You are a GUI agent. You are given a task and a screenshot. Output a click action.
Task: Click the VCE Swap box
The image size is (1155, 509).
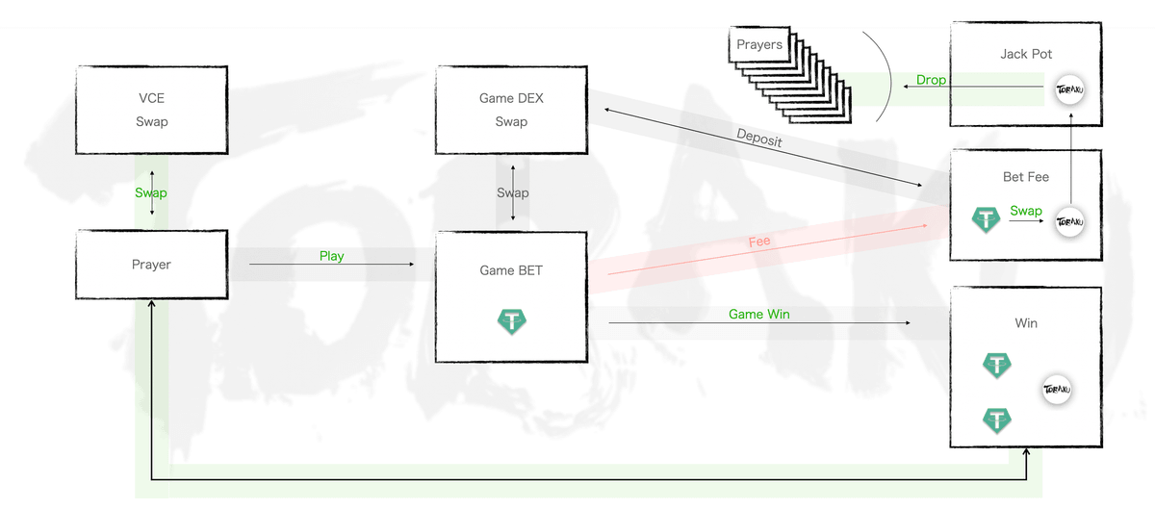[x=151, y=110]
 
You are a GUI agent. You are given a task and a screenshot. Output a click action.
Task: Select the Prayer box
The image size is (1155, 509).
[x=151, y=265]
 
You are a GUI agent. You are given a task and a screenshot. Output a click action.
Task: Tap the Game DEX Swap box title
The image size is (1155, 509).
[x=511, y=98]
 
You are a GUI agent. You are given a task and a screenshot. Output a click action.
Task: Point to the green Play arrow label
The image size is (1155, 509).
[x=332, y=256]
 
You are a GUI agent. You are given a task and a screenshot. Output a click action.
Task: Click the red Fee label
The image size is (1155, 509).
[x=759, y=242]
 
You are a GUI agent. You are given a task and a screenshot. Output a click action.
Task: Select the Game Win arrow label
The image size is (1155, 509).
[x=758, y=314]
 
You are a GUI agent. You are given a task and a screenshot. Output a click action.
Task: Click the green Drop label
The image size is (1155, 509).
[x=931, y=80]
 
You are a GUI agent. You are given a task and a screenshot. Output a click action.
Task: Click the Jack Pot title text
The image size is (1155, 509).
[x=1026, y=54]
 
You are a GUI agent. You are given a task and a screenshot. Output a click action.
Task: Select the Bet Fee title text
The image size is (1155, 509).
[x=1026, y=177]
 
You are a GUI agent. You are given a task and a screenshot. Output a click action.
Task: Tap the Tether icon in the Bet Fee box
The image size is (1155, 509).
[x=986, y=220]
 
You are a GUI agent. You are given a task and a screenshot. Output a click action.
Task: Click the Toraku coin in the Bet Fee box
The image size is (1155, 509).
[x=1070, y=221]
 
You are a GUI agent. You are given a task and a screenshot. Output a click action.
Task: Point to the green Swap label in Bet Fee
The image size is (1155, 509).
[x=1026, y=211]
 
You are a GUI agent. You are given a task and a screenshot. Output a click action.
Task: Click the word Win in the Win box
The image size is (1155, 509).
[x=1026, y=323]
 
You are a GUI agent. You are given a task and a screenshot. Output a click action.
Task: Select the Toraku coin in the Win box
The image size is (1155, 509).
[x=1057, y=390]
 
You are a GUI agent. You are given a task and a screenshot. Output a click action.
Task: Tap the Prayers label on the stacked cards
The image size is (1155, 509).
[x=759, y=44]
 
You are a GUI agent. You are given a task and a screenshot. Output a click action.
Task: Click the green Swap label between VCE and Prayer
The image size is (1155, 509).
[x=151, y=192]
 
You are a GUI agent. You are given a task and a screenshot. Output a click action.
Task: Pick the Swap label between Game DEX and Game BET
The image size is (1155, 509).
[x=512, y=192]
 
